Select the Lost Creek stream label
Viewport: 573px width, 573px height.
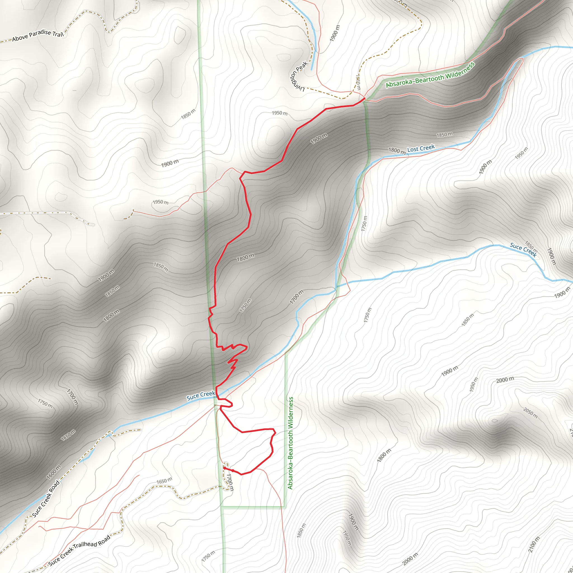click(421, 148)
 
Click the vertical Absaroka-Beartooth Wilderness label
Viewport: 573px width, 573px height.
click(290, 443)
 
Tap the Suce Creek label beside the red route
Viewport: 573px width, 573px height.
click(201, 395)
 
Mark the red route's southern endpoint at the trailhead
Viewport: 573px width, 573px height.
click(224, 468)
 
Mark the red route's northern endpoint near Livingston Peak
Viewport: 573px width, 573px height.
click(364, 98)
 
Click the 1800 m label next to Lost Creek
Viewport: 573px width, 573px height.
click(397, 151)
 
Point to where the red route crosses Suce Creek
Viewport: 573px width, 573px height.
click(217, 395)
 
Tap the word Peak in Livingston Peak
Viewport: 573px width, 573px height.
click(302, 67)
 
